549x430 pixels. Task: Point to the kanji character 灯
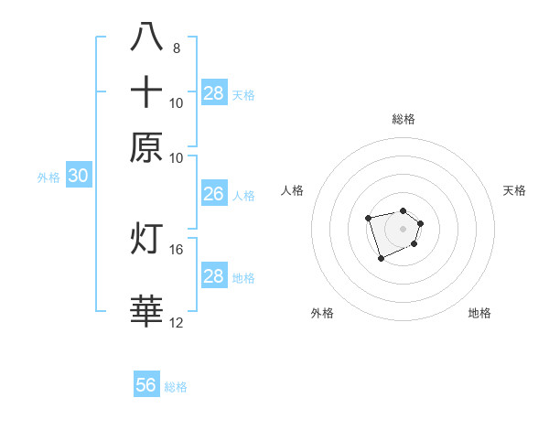pos(146,238)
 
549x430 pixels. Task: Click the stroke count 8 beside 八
pos(177,48)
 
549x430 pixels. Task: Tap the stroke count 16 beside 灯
pos(177,249)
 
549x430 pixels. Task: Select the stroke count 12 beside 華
pos(177,322)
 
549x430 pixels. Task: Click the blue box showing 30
pos(78,177)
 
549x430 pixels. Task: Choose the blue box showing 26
pos(213,194)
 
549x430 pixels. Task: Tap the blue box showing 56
pos(146,385)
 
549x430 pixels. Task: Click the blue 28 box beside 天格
pos(213,93)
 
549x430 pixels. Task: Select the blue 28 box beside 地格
pos(213,276)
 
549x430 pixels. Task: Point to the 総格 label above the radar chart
pos(403,119)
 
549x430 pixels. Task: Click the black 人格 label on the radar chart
pos(293,190)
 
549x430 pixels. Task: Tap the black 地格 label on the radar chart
pos(479,313)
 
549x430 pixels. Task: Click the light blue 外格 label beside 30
pos(48,177)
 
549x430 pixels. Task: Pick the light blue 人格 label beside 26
pos(243,195)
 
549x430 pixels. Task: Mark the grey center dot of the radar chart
pos(403,228)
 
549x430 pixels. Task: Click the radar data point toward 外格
pos(381,259)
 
